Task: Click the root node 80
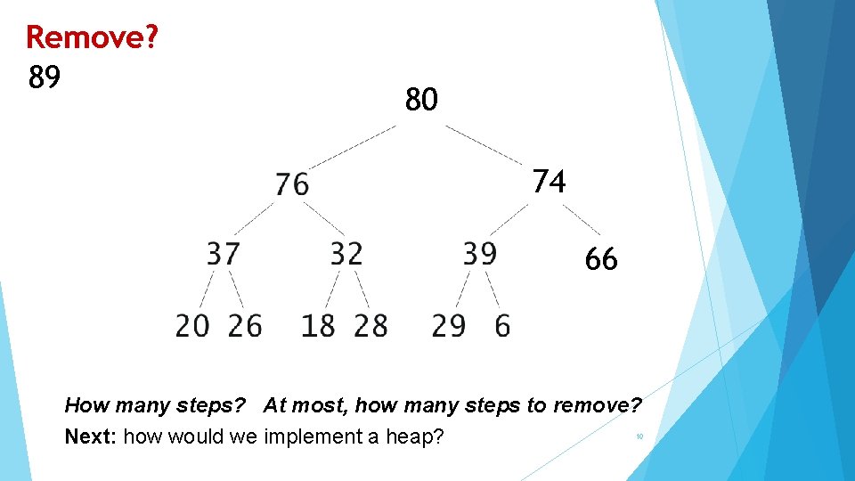[x=421, y=100]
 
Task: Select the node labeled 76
[x=292, y=183]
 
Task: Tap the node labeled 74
[x=549, y=182]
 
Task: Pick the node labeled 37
[x=224, y=254]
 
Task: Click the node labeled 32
[x=346, y=254]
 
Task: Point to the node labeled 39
[x=479, y=254]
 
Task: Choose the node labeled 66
[x=601, y=260]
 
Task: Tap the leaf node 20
[x=192, y=326]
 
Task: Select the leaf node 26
[x=245, y=326]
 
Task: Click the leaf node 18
[x=318, y=326]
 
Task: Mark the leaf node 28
[x=370, y=326]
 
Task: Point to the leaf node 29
[x=449, y=326]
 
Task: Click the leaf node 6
[x=502, y=326]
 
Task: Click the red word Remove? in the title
[x=92, y=37]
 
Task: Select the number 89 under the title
[x=45, y=78]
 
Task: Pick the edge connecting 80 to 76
[x=353, y=145]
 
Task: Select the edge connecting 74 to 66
[x=582, y=220]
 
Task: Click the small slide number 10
[x=639, y=436]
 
